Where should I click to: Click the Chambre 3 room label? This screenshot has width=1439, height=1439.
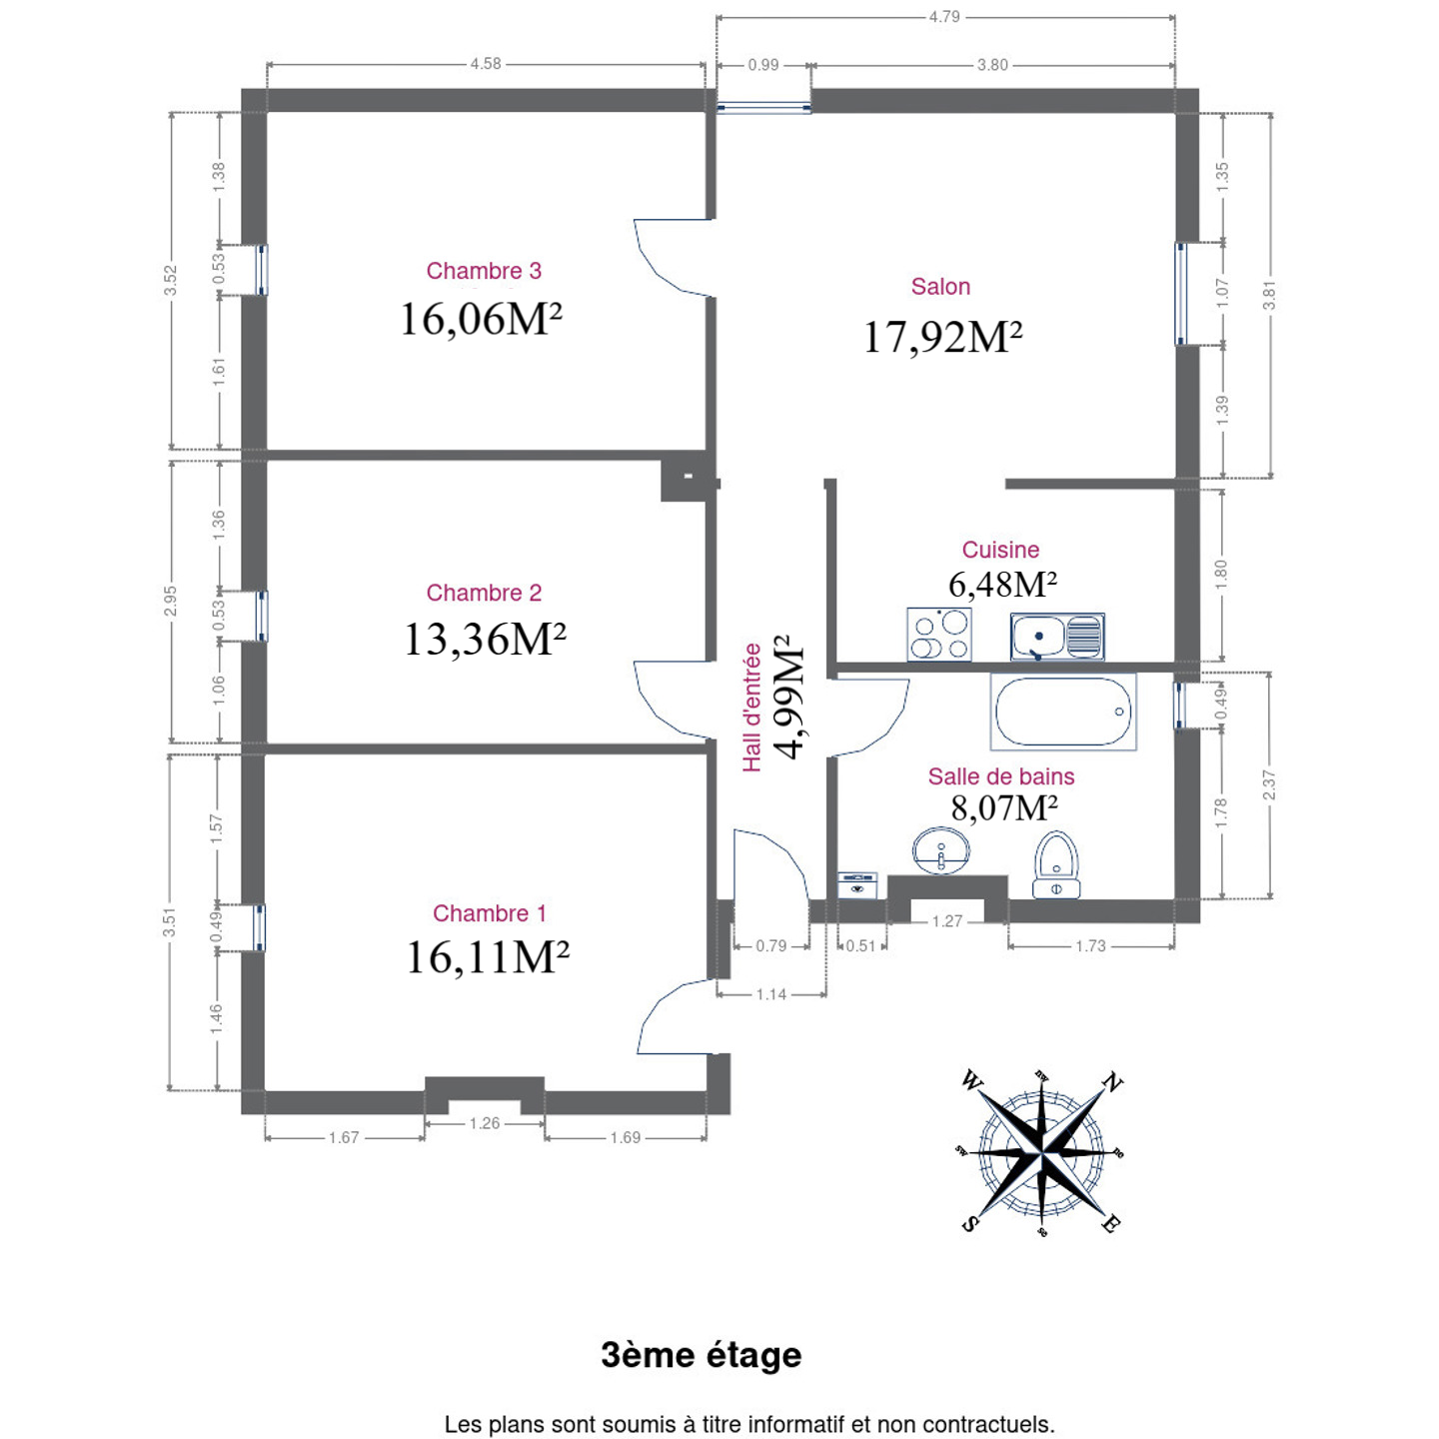pos(483,271)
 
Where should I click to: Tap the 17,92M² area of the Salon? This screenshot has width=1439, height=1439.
pos(942,337)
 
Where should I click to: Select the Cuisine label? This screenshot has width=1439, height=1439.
pos(1000,550)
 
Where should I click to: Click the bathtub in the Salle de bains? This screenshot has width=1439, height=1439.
pos(1062,712)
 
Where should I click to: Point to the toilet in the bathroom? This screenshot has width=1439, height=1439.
pos(1056,864)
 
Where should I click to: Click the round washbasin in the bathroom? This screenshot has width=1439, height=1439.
pos(941,850)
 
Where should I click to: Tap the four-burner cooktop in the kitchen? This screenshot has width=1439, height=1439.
pos(938,634)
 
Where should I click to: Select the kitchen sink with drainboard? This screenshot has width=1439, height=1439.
pos(1056,637)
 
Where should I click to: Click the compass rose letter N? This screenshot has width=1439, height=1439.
pos(1112,1083)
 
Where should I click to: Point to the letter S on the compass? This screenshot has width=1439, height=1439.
pos(969,1223)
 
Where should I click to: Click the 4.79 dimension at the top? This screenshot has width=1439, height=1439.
pos(944,16)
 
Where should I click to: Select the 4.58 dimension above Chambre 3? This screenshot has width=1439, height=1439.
pos(486,64)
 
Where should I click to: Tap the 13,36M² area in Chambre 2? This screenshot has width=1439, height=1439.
pos(485,640)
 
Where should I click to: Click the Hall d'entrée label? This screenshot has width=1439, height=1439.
pos(751,708)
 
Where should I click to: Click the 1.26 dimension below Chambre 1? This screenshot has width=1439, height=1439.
pos(485,1123)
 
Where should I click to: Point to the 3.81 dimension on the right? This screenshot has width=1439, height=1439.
pos(1269,295)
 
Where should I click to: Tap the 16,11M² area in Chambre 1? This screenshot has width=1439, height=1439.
pos(488,957)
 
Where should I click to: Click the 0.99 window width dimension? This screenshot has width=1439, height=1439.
pos(763,65)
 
